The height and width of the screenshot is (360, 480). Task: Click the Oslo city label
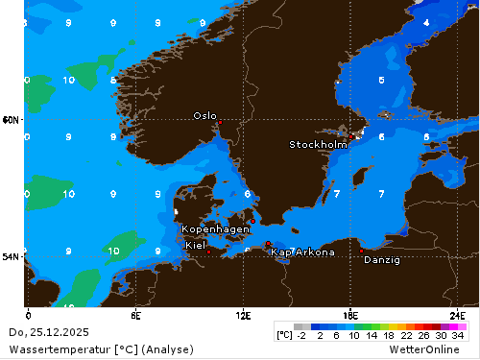(x=204, y=115)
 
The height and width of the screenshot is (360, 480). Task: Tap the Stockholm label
(x=318, y=145)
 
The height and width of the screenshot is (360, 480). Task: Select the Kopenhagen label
(x=216, y=229)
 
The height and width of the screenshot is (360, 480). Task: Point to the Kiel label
(x=195, y=246)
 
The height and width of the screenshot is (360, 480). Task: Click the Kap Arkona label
(x=302, y=252)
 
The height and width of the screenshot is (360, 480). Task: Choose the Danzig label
(x=382, y=260)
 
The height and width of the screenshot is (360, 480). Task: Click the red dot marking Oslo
(x=219, y=123)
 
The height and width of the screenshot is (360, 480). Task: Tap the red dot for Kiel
(x=208, y=252)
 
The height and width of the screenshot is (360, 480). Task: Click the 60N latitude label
(x=11, y=120)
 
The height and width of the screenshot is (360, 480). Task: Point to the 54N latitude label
(x=11, y=256)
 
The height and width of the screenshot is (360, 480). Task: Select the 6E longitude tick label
(x=136, y=315)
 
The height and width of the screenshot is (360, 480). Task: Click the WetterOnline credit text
(x=433, y=349)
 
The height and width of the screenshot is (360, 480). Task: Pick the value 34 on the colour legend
(x=458, y=336)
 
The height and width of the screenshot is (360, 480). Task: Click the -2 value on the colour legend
(x=301, y=336)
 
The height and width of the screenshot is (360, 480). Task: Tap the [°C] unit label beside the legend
(x=284, y=336)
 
